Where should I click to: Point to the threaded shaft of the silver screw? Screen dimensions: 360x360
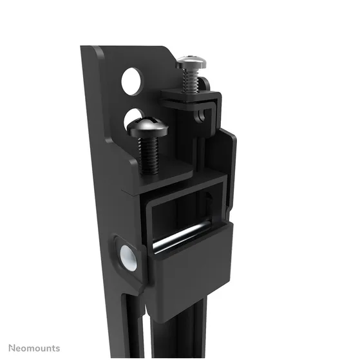[x=189, y=80]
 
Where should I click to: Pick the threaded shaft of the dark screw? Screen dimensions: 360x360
[x=149, y=155]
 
